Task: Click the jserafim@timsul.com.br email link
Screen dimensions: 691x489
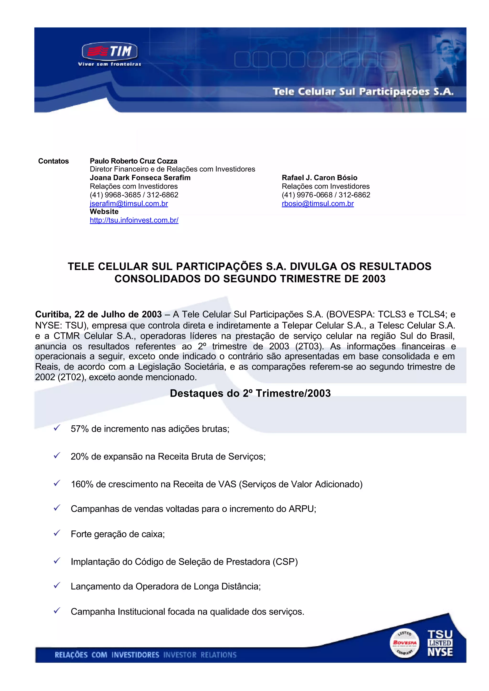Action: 129,204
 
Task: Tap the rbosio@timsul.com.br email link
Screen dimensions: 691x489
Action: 318,204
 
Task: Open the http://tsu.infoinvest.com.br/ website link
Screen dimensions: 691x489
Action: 134,220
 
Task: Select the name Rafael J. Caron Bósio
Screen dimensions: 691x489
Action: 319,178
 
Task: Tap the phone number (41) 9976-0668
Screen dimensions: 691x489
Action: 307,195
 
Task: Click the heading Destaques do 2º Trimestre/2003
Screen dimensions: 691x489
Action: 250,393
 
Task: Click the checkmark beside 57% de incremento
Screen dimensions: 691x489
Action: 57,428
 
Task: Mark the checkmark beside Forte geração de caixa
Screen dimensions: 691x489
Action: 57,533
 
